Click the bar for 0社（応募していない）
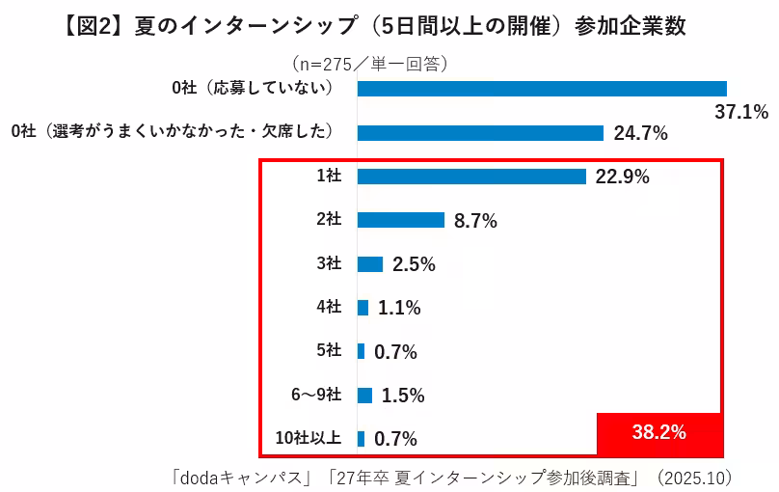pyautogui.click(x=541, y=89)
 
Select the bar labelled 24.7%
pyautogui.click(x=480, y=133)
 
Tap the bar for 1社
pyautogui.click(x=471, y=177)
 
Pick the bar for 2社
pyautogui.click(x=400, y=220)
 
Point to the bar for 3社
pyautogui.click(x=370, y=263)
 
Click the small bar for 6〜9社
pyautogui.click(x=364, y=395)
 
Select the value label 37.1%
pyautogui.click(x=740, y=112)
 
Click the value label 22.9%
pyautogui.click(x=622, y=177)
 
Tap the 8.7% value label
pyautogui.click(x=475, y=221)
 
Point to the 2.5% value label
pyautogui.click(x=415, y=264)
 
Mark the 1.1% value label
pyautogui.click(x=400, y=308)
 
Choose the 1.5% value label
pyautogui.click(x=403, y=396)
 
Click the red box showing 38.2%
pyautogui.click(x=659, y=432)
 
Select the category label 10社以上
pyautogui.click(x=308, y=438)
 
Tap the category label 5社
pyautogui.click(x=329, y=351)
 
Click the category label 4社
pyautogui.click(x=329, y=307)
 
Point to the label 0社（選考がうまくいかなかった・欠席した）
pyautogui.click(x=173, y=132)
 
